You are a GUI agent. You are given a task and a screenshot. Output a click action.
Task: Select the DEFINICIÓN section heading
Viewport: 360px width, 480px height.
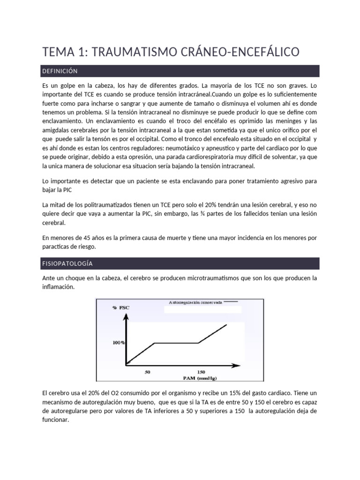tap(60, 71)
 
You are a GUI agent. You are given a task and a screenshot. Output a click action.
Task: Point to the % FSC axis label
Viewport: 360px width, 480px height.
tap(120, 308)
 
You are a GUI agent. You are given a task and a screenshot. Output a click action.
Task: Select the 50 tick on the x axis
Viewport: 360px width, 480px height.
tap(147, 372)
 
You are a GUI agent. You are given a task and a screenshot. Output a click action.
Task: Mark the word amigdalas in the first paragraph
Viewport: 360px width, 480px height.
tap(57, 129)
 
